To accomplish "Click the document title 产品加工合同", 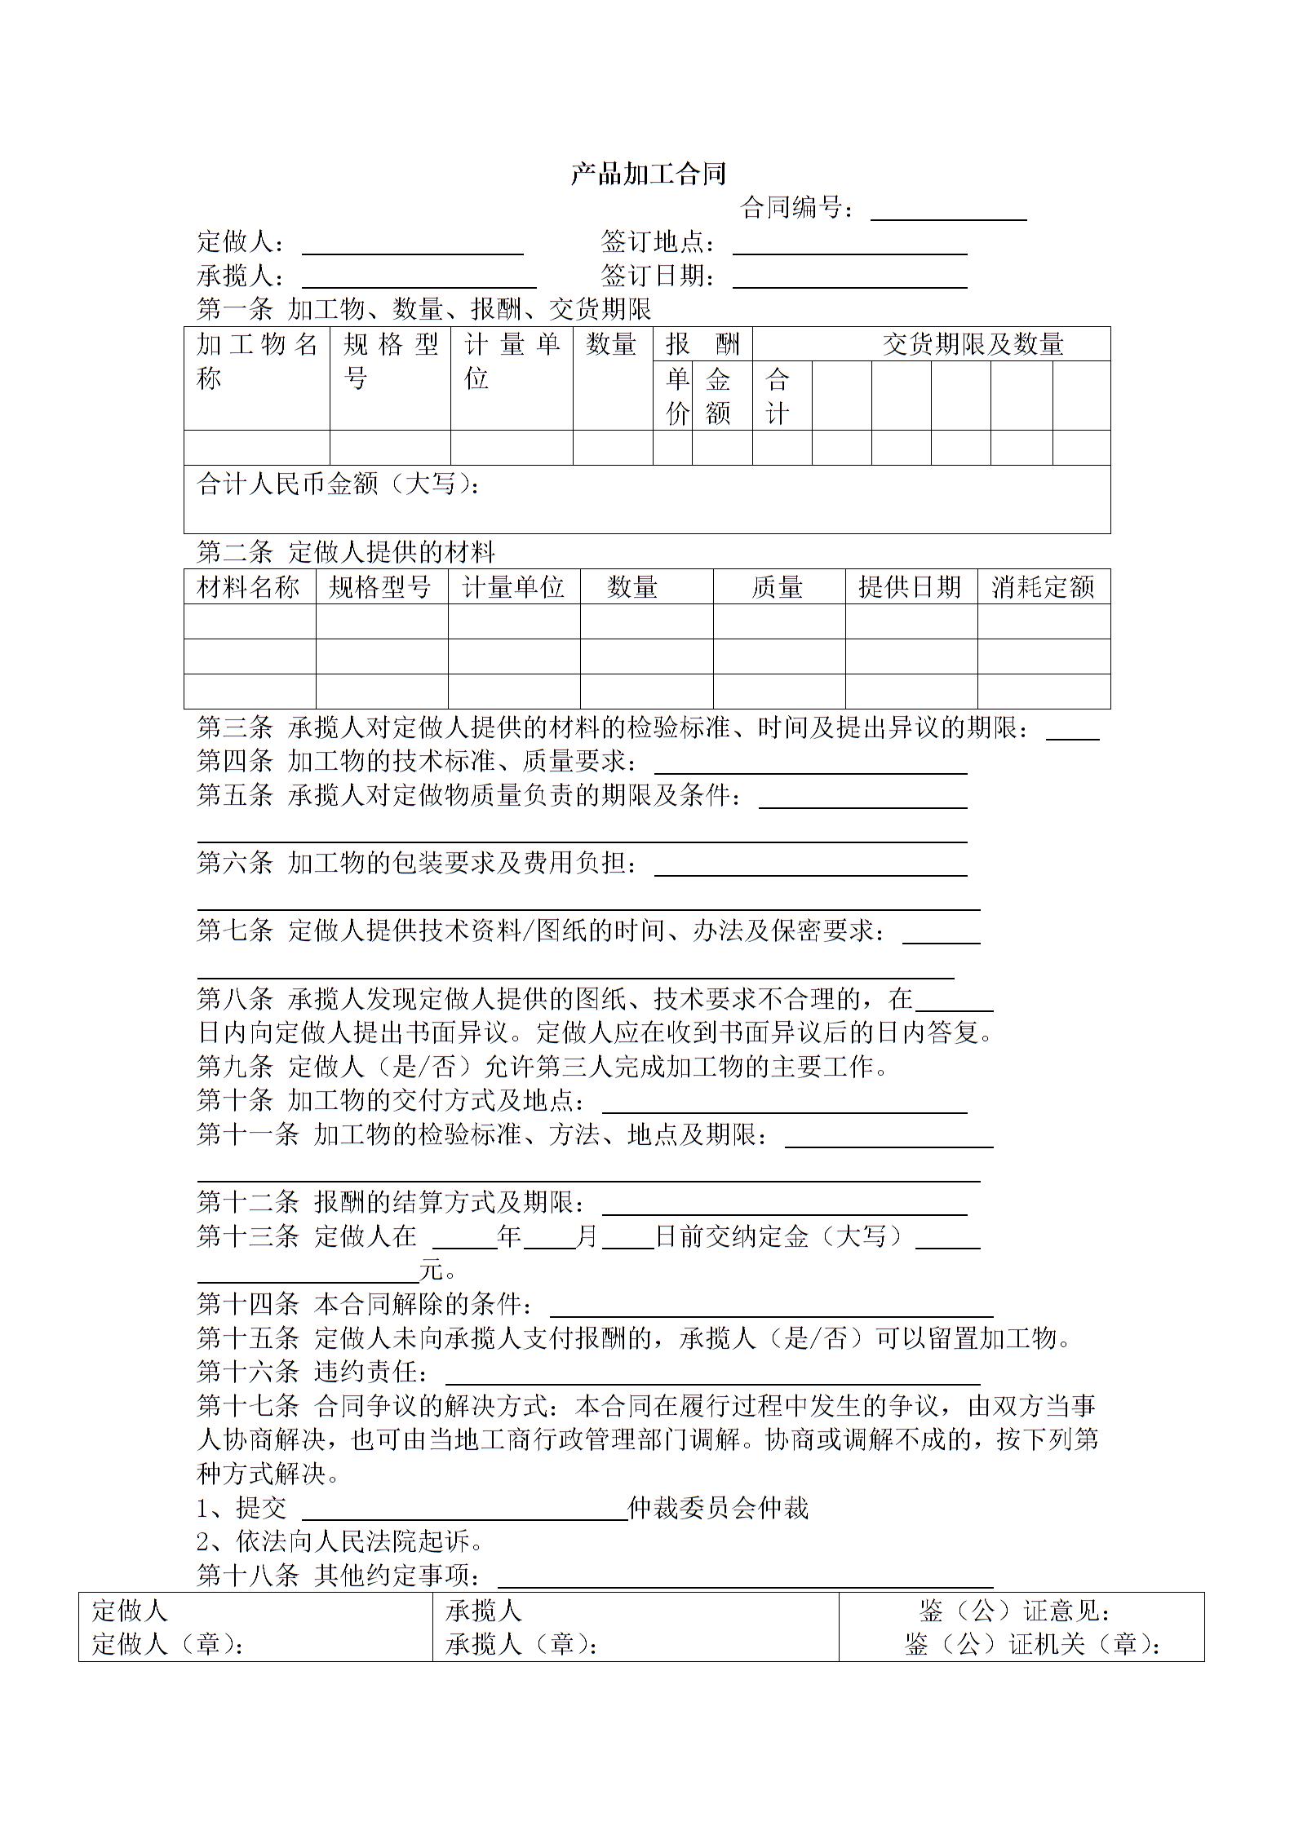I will (x=648, y=174).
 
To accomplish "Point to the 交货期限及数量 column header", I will (x=973, y=344).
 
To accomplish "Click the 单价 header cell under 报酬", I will (x=677, y=396).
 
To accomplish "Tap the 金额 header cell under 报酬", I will (x=718, y=396).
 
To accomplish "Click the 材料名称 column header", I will (x=249, y=587).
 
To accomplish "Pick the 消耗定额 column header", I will (x=1043, y=587).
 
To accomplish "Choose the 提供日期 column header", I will (x=910, y=587).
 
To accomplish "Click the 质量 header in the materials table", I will (x=777, y=587).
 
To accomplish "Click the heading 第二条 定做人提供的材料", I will (x=346, y=552).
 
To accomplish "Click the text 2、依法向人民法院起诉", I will (x=340, y=1541).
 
